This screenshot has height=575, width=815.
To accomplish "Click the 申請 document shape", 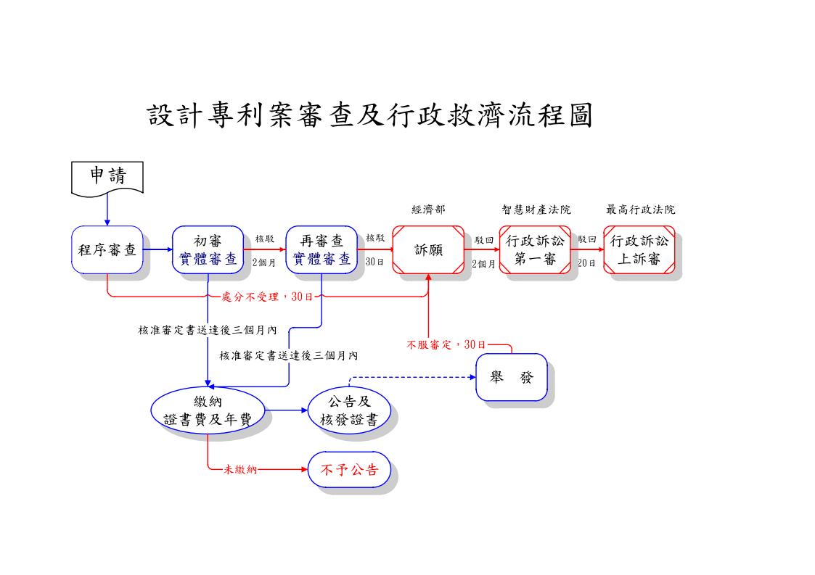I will click(x=107, y=177).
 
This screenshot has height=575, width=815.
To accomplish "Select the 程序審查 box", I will click(x=107, y=250).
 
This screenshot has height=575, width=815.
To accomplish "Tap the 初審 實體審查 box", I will click(x=208, y=250).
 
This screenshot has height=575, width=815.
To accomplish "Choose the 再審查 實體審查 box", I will click(x=322, y=250).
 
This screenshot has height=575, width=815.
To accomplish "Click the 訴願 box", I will click(x=428, y=250).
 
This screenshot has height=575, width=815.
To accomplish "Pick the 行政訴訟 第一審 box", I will click(x=535, y=250).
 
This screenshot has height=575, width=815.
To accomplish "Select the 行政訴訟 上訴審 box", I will click(x=639, y=250).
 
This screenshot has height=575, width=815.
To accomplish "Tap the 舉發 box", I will click(x=512, y=377).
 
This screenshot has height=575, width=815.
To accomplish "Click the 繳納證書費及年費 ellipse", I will click(x=208, y=410).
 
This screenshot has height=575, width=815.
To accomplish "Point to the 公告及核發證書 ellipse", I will click(x=349, y=410).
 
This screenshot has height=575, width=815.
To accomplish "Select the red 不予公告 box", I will click(x=349, y=470).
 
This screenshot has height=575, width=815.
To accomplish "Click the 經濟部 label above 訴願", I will click(x=428, y=210).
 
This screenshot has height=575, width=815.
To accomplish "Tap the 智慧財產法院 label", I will click(x=536, y=210).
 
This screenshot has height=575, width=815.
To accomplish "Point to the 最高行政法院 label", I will click(x=640, y=210).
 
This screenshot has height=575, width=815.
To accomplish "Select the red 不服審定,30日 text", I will click(x=446, y=344).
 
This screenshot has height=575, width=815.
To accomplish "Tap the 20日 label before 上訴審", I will click(x=586, y=264).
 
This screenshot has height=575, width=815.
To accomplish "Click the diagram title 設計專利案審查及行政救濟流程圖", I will click(x=370, y=115).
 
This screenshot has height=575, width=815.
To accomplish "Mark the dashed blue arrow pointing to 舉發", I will click(x=410, y=377).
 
